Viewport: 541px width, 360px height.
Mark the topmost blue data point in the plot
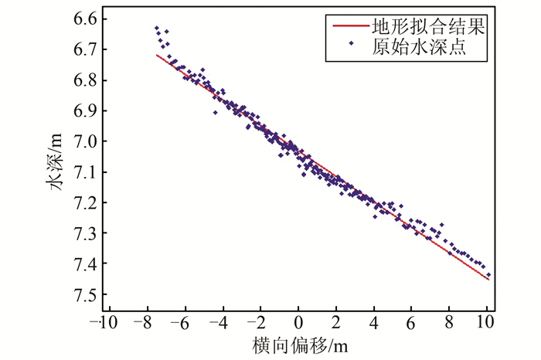156,28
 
